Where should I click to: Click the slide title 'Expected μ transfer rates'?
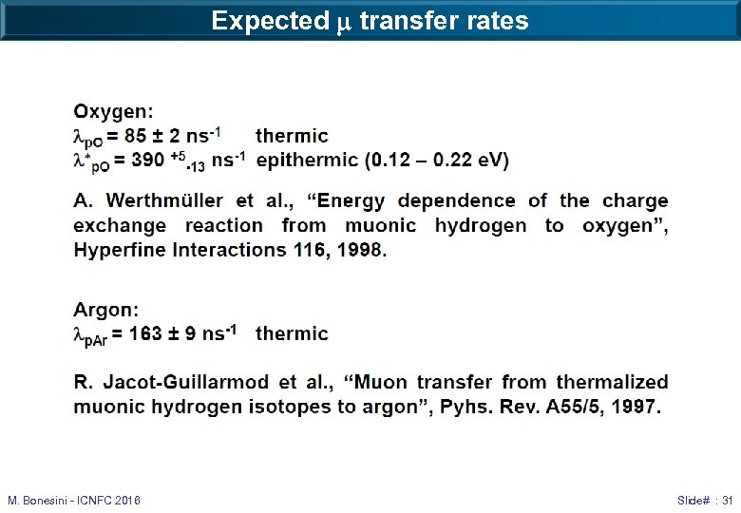(x=370, y=21)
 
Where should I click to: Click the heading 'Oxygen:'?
(x=113, y=112)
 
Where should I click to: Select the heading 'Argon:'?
(x=106, y=310)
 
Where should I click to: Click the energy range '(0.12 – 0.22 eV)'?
(x=437, y=160)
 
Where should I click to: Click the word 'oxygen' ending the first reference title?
(x=622, y=225)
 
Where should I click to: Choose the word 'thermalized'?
(x=613, y=382)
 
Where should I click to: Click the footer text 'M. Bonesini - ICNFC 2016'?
(x=74, y=500)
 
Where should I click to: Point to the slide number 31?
(x=727, y=500)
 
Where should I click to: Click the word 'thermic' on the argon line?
(x=292, y=333)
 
